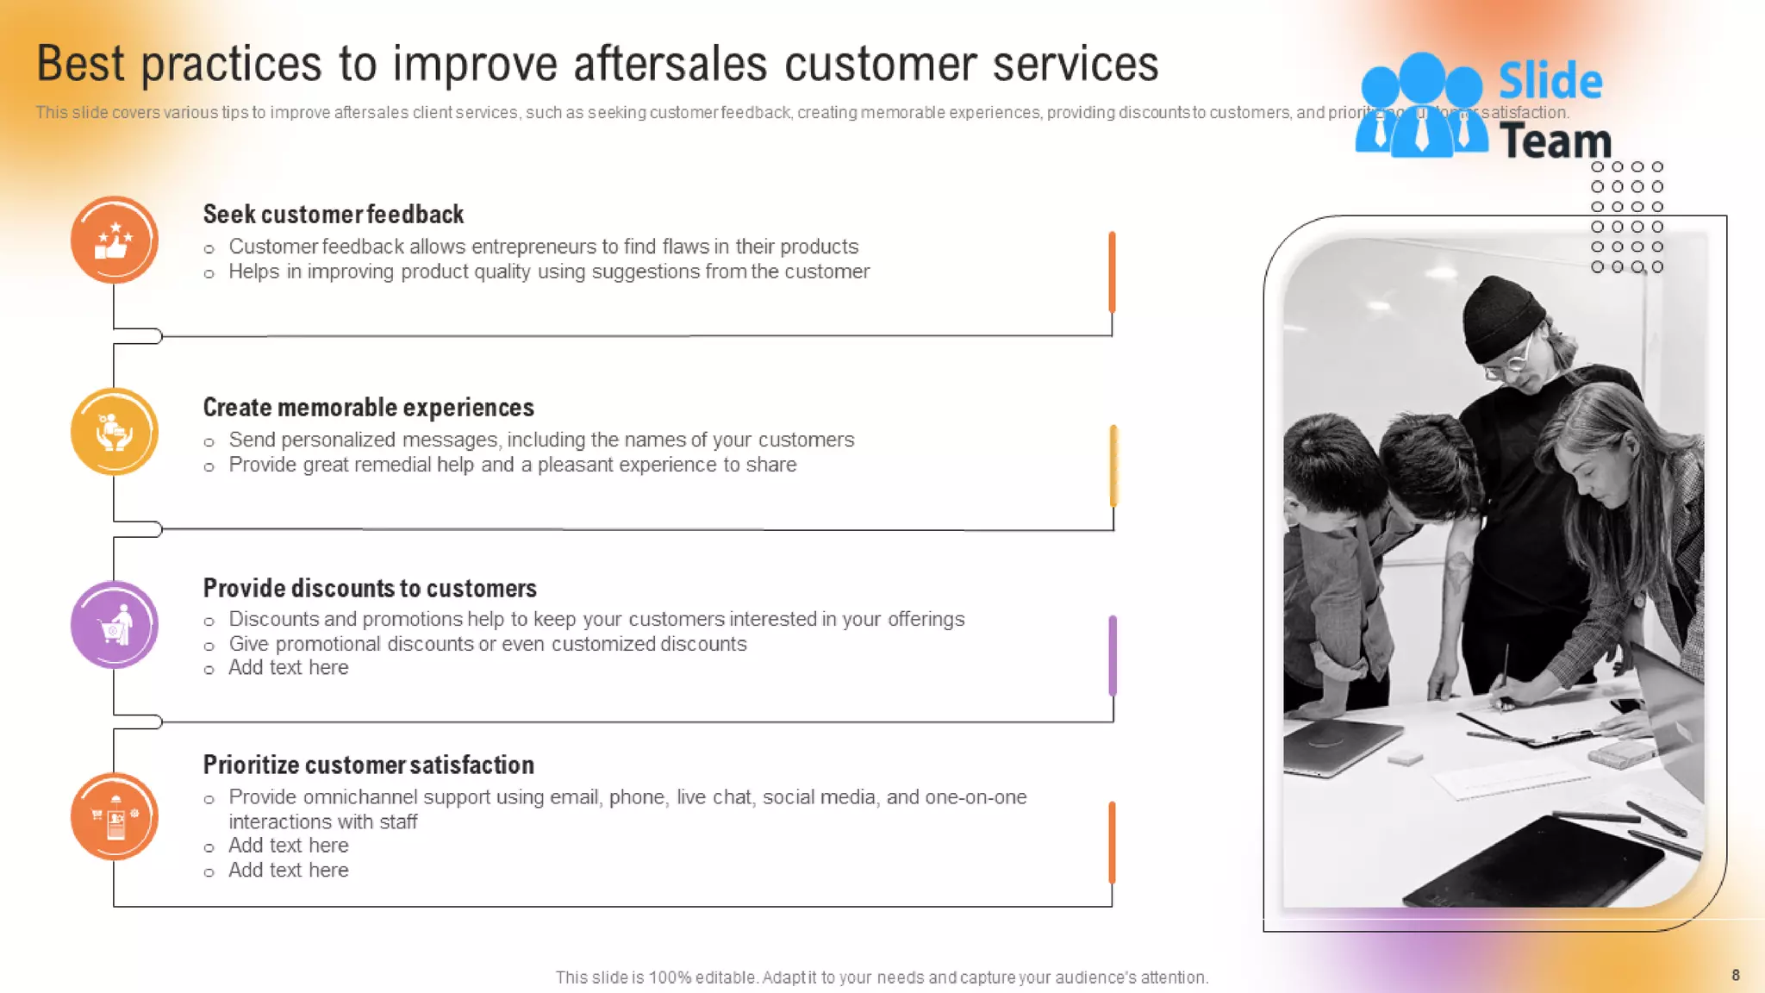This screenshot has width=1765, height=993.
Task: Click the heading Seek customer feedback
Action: click(333, 214)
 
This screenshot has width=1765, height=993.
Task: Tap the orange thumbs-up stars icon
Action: click(114, 240)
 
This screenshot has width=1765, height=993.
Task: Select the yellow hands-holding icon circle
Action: click(114, 432)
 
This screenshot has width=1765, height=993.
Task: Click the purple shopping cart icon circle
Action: click(114, 625)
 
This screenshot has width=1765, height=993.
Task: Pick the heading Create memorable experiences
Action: click(368, 407)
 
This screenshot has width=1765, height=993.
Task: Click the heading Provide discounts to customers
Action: click(369, 588)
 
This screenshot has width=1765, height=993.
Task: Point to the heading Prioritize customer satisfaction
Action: click(368, 765)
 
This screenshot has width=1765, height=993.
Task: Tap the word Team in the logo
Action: click(1556, 141)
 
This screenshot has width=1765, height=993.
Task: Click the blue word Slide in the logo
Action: click(1550, 81)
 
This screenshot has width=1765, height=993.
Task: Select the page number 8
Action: click(1735, 975)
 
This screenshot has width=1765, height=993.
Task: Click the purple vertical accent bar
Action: click(1113, 655)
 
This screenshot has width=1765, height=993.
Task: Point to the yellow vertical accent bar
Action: click(1113, 465)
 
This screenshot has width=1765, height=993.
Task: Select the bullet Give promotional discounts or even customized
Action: click(487, 644)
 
